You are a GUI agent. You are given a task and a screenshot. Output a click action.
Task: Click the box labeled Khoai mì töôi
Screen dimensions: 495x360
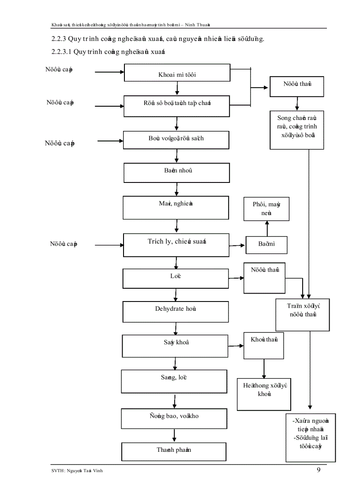tap(177, 73)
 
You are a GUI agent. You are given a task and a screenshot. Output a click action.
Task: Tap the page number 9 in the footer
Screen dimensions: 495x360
tap(319, 469)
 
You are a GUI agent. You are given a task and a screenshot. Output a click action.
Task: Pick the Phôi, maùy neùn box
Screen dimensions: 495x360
tap(266, 209)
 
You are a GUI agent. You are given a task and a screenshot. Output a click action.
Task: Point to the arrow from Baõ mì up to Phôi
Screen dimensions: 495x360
tap(266, 228)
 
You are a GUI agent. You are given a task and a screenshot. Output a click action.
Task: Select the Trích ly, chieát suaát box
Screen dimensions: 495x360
tap(176, 245)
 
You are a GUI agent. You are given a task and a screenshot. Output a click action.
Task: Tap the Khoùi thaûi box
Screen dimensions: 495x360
tap(264, 345)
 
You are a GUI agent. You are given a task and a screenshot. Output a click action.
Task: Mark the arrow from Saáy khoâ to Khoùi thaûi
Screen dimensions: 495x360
tap(236, 345)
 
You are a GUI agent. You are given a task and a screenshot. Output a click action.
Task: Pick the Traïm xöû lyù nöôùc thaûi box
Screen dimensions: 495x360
tap(303, 315)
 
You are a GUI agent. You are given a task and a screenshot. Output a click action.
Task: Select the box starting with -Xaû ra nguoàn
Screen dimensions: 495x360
tap(308, 434)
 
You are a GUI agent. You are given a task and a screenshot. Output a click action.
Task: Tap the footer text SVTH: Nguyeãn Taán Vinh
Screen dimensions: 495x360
tap(79, 471)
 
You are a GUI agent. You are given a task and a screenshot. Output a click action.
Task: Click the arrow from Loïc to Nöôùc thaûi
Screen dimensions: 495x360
tap(236, 278)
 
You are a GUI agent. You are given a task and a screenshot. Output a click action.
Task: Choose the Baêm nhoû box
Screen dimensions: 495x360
tap(176, 173)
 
